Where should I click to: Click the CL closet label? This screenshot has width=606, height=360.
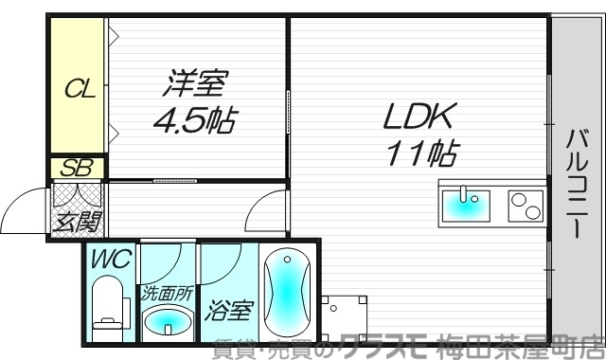tap(79, 90)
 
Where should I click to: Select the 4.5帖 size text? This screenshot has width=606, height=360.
tap(196, 120)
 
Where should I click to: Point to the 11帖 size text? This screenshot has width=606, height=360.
tap(421, 151)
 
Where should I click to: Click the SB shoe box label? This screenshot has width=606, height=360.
tap(76, 169)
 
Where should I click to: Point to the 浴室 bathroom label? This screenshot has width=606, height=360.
tap(226, 309)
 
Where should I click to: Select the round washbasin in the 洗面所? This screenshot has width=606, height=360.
tap(169, 322)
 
